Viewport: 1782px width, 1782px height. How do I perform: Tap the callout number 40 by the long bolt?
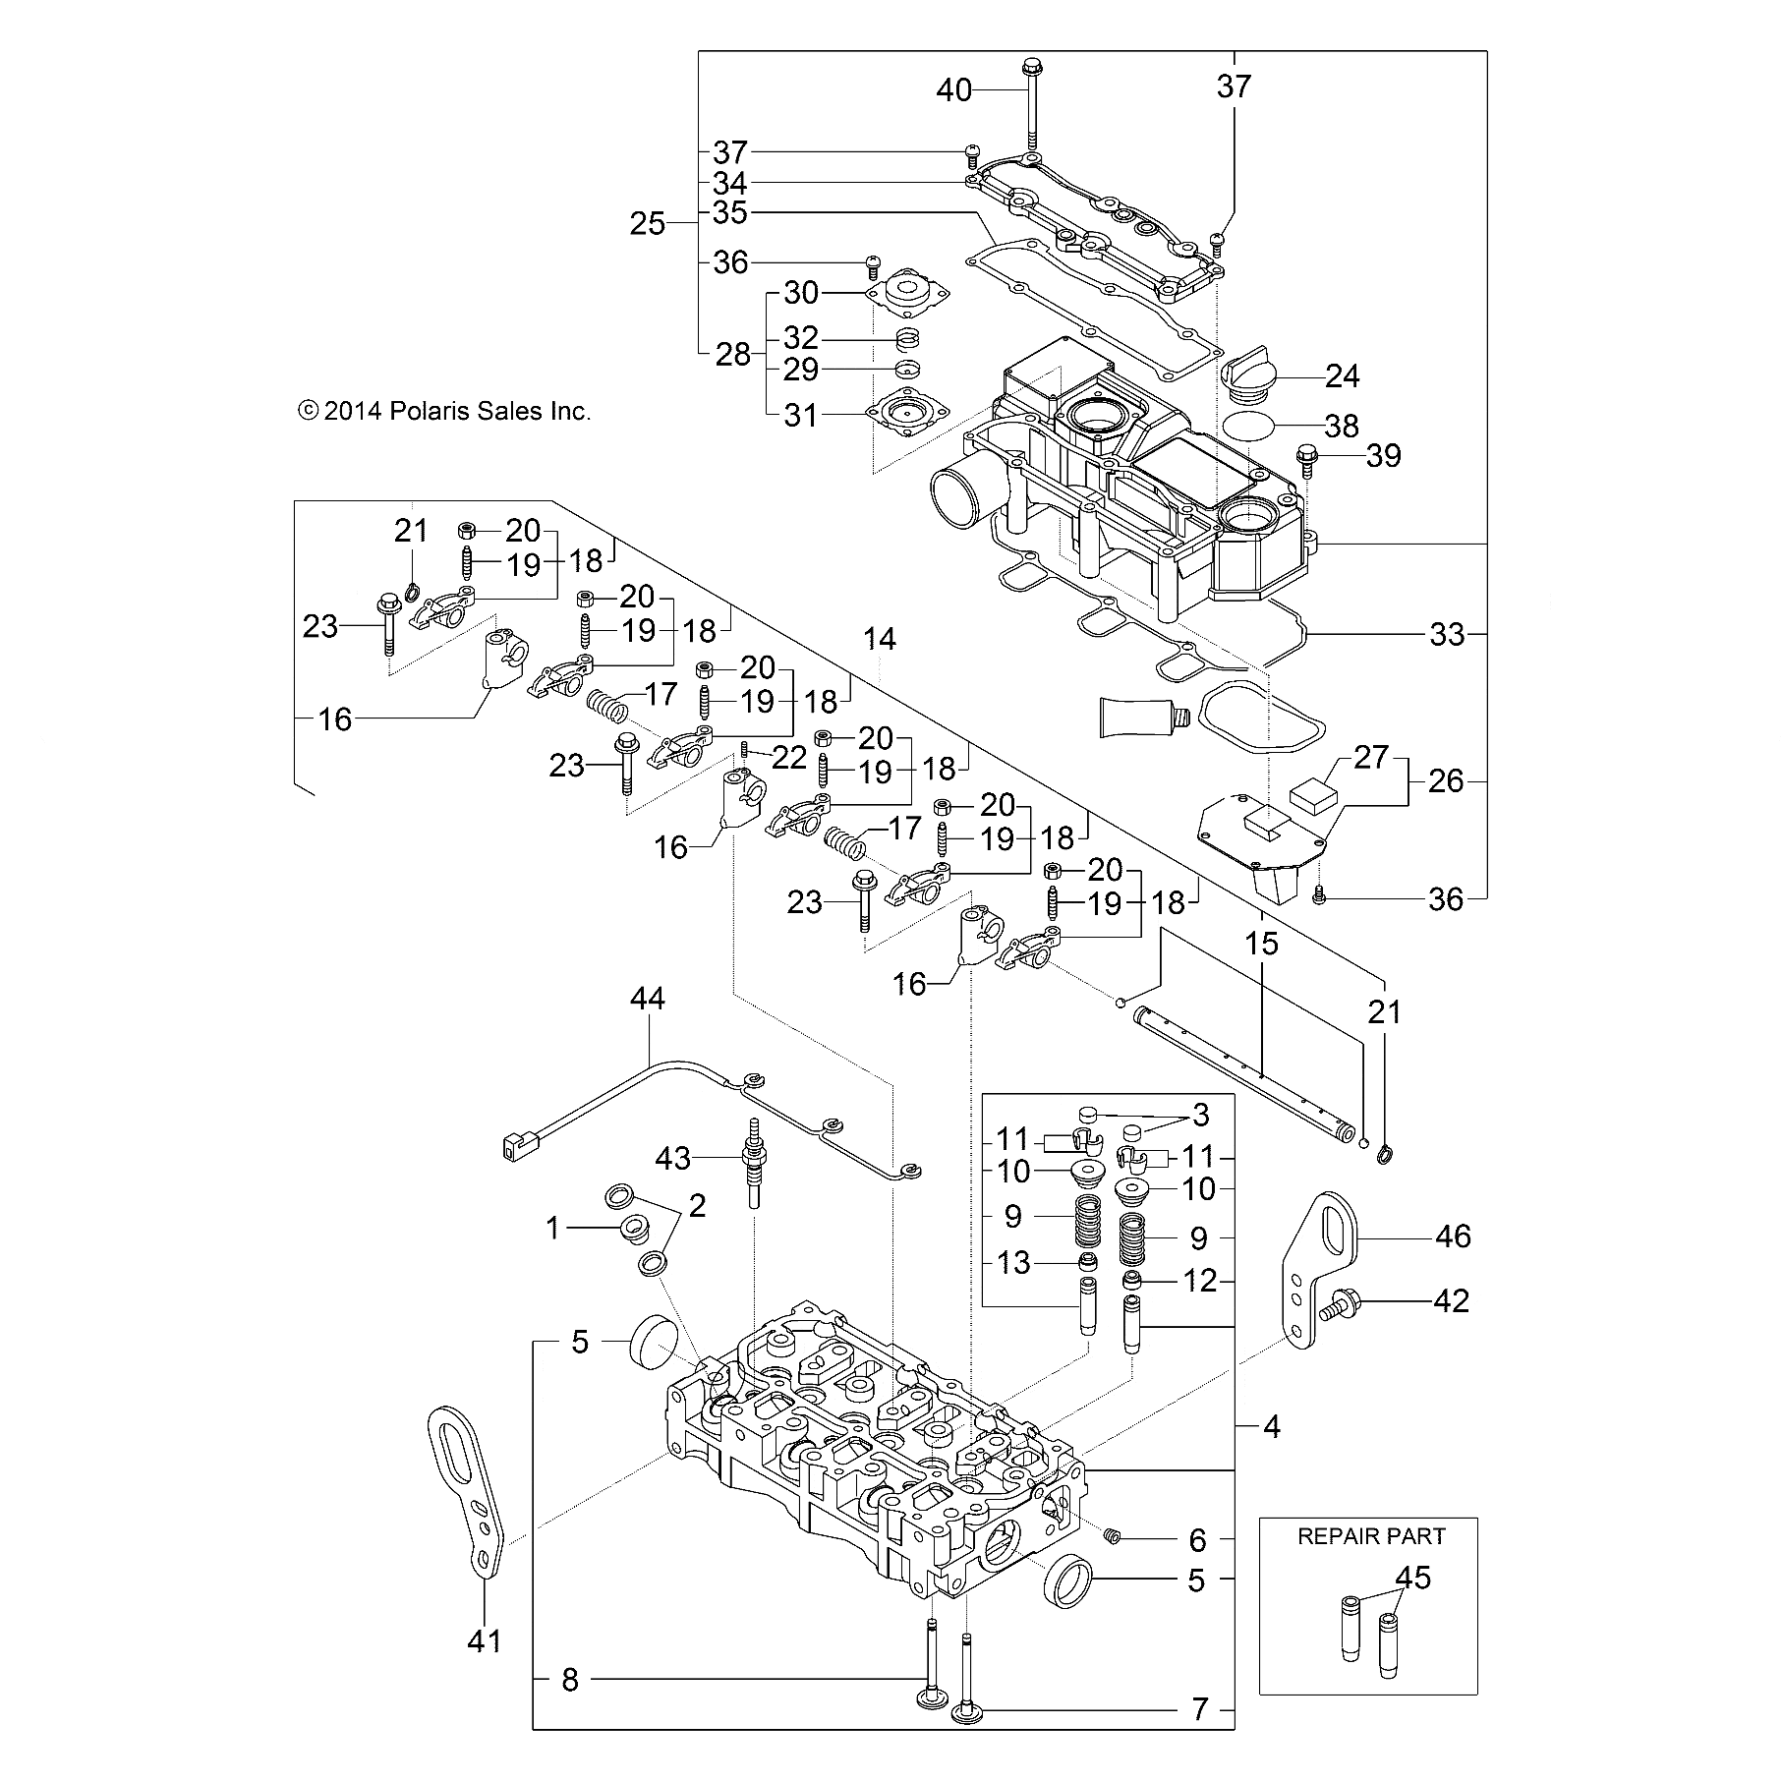952,90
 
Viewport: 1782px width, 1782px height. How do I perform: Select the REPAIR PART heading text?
1371,1536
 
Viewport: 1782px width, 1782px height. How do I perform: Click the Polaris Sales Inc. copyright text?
444,412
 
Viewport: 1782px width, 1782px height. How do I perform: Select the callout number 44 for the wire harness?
648,1000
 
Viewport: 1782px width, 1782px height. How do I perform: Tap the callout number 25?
648,224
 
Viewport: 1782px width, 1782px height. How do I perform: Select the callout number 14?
880,640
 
